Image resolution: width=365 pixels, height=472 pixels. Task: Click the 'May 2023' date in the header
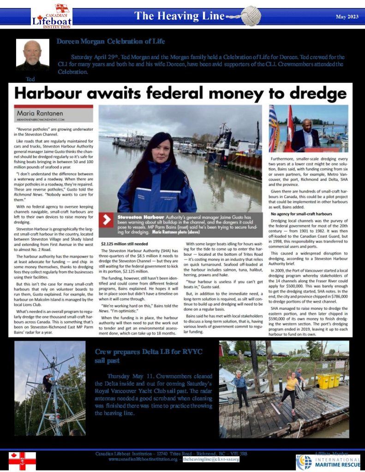click(347, 17)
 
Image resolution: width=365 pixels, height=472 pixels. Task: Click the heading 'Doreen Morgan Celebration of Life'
click(110, 41)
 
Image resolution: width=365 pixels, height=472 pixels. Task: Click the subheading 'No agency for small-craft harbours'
click(301, 214)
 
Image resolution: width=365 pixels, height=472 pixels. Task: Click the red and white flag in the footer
click(22, 460)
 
